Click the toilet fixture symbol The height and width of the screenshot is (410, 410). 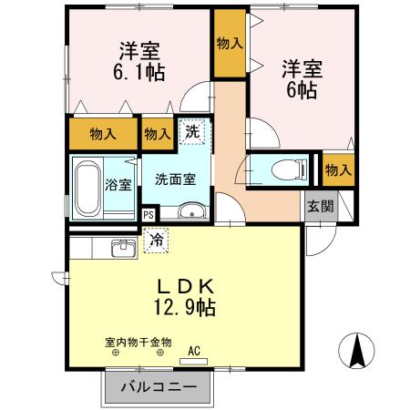click(290, 169)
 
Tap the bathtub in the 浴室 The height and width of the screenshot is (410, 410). click(87, 189)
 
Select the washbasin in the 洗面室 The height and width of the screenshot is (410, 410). click(191, 210)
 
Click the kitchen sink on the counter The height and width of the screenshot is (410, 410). click(123, 248)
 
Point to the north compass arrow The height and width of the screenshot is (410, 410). click(357, 351)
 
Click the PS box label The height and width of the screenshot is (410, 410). click(149, 215)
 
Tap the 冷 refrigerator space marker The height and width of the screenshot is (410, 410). click(156, 241)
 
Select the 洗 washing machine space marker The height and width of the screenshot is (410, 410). click(192, 132)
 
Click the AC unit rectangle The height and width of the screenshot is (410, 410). click(193, 361)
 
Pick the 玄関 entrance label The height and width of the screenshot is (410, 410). click(321, 207)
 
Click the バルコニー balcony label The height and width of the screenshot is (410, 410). click(159, 387)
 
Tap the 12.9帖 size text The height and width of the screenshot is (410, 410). click(185, 308)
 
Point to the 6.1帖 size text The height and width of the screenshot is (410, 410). click(139, 72)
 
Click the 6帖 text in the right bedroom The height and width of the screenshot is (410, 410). click(302, 90)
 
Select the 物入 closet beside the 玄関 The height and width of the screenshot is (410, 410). click(338, 169)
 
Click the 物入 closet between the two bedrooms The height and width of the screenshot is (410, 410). click(230, 43)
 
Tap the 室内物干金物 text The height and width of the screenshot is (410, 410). click(138, 343)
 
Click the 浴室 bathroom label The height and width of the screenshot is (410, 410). click(118, 185)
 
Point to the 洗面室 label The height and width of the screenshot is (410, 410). click(176, 179)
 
